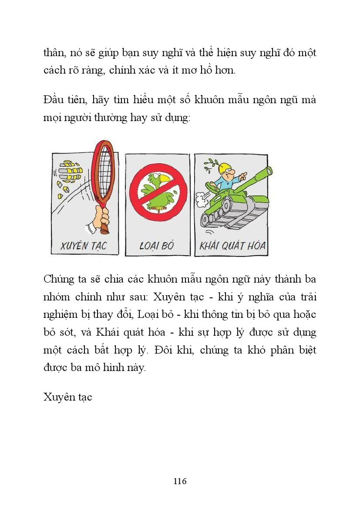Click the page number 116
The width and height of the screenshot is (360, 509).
click(x=180, y=481)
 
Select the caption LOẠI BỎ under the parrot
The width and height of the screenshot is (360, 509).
click(x=157, y=246)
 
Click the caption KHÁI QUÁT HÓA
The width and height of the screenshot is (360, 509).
click(x=232, y=246)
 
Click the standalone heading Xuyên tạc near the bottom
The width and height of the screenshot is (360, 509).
click(x=68, y=397)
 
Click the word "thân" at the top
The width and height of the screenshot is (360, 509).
click(x=54, y=53)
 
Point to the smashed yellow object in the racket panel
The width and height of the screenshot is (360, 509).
click(x=67, y=174)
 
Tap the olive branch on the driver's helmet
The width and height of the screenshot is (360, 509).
click(x=211, y=164)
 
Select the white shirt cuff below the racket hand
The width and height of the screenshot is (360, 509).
click(x=93, y=228)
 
